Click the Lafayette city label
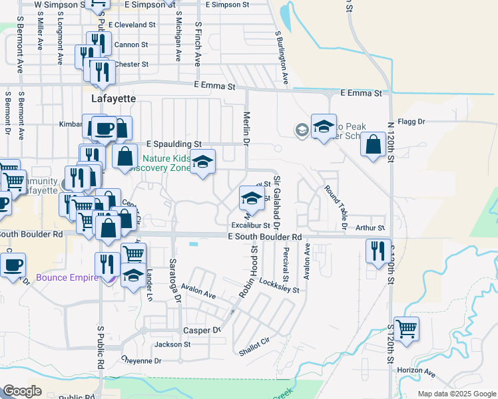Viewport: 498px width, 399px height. click(x=113, y=98)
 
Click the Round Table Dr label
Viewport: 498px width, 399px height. click(x=336, y=208)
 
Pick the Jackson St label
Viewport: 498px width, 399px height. click(x=172, y=344)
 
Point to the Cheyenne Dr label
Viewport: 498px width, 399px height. click(x=141, y=360)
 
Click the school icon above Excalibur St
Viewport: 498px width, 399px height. click(x=251, y=198)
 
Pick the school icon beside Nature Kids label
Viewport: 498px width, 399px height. click(x=202, y=161)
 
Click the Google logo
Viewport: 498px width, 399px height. click(x=23, y=392)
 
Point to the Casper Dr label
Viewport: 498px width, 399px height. click(x=201, y=331)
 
